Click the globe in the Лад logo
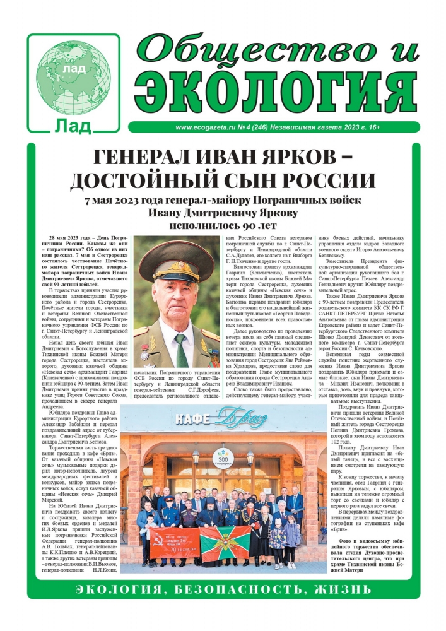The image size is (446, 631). [73, 70]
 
